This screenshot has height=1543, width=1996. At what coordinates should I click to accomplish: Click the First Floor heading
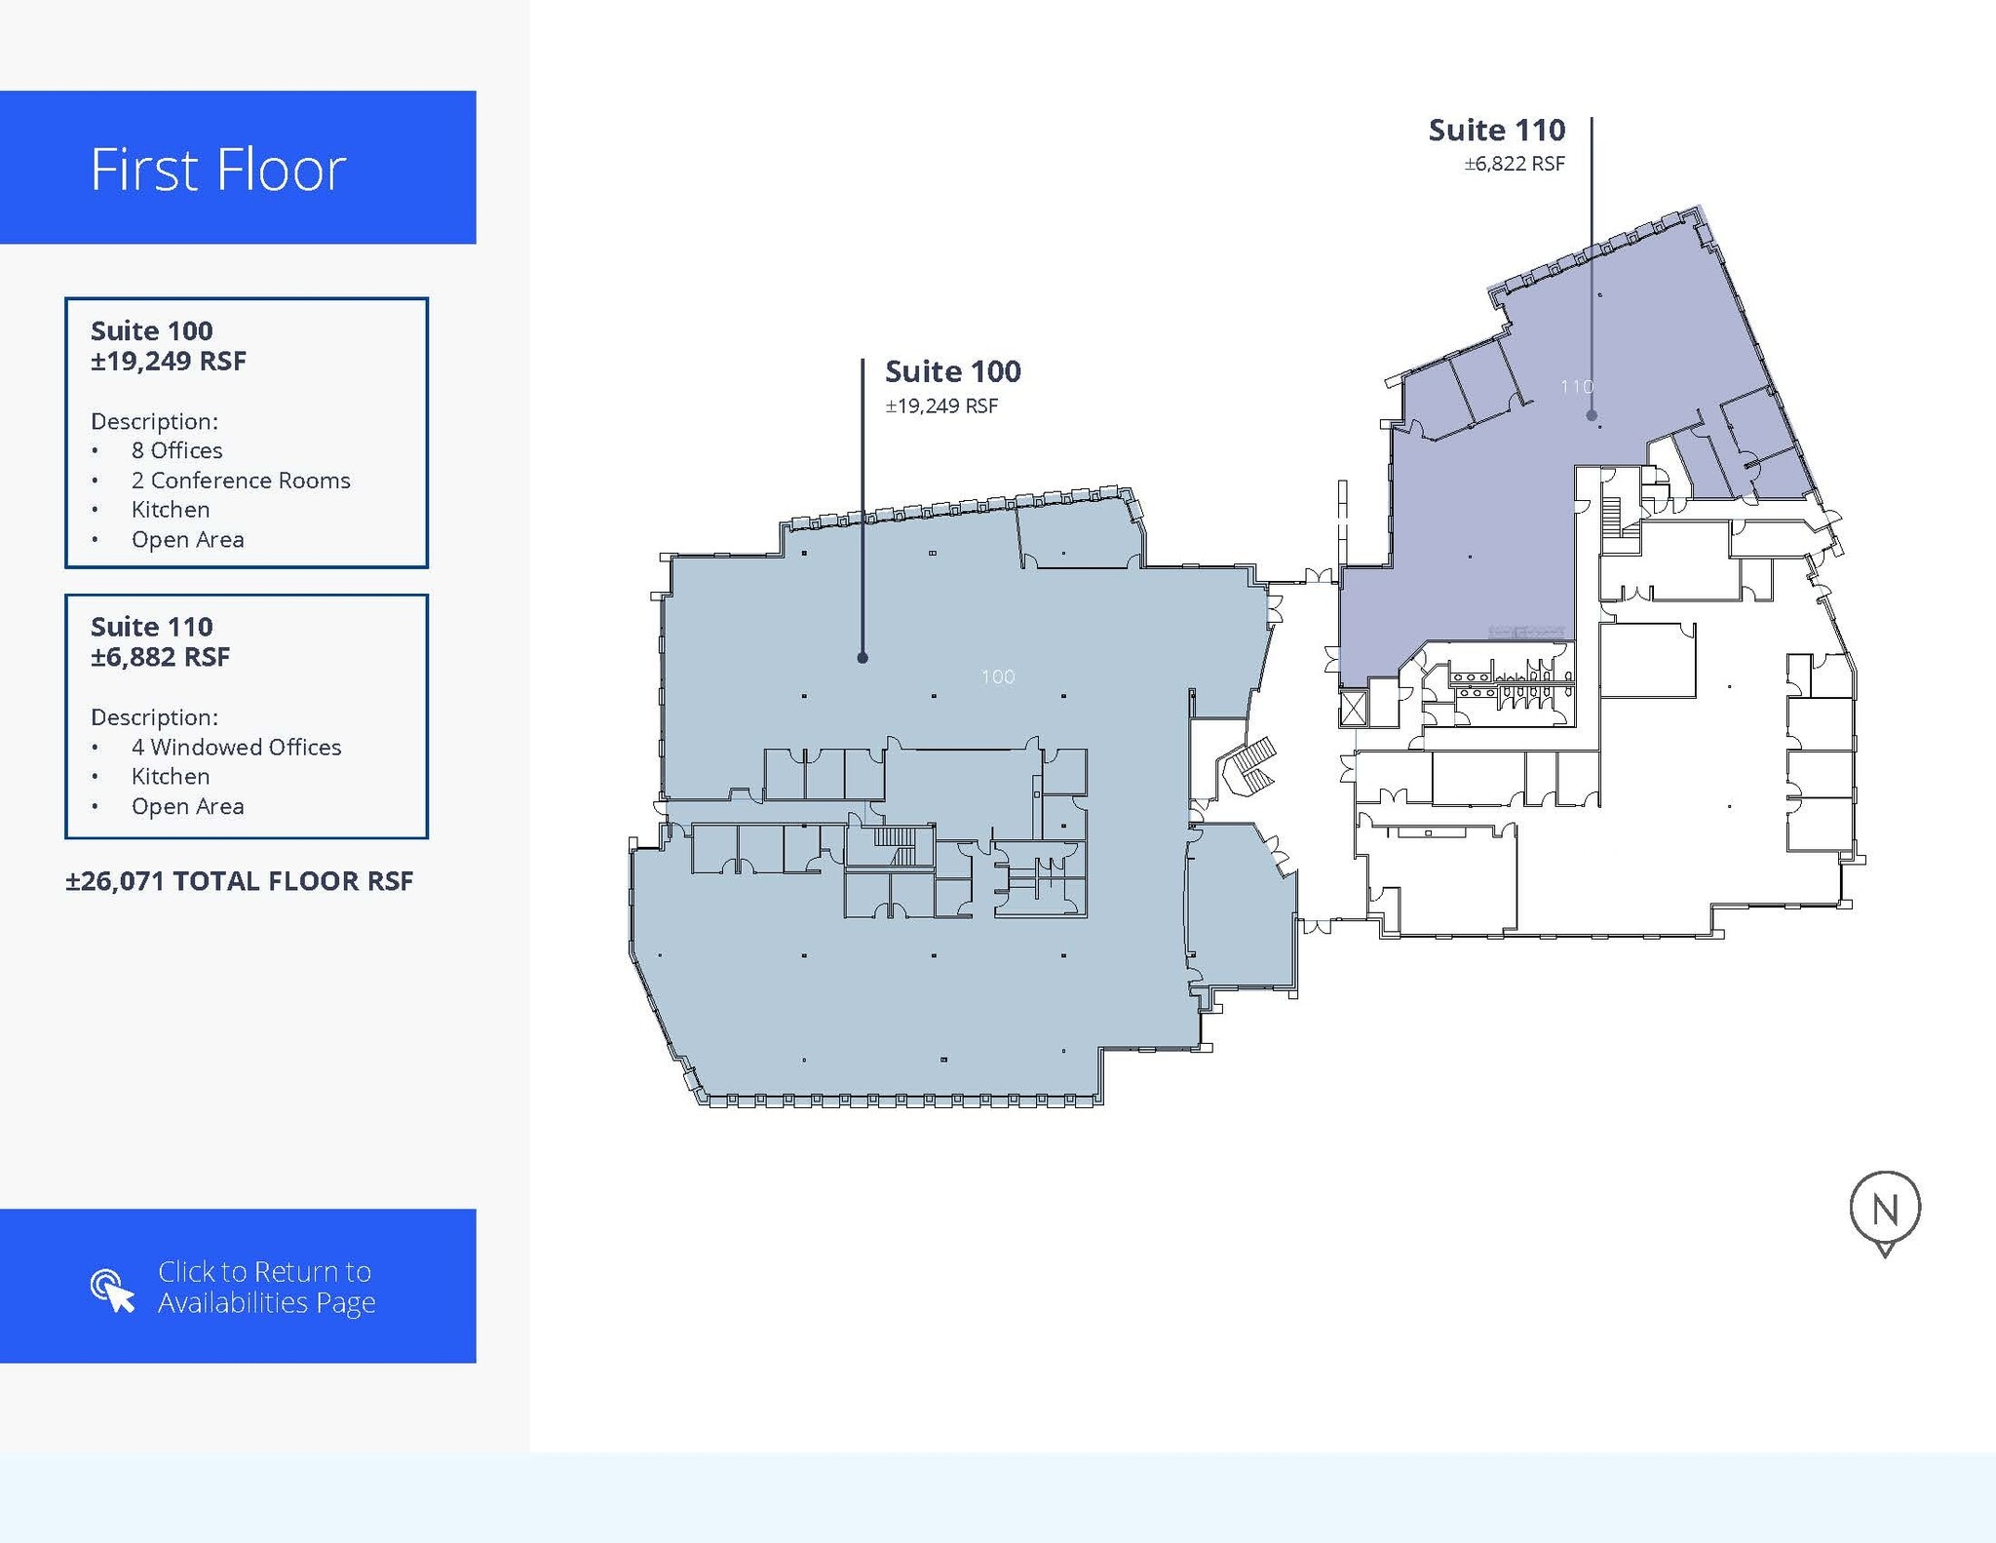click(x=218, y=170)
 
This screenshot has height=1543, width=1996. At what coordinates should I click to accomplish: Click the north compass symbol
click(x=1885, y=1213)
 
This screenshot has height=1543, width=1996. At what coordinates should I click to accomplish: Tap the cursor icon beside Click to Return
click(x=112, y=1291)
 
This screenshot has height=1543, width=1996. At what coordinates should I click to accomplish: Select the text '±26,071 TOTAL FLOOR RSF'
click(x=240, y=881)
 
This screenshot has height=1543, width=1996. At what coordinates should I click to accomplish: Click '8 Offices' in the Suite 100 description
click(x=176, y=450)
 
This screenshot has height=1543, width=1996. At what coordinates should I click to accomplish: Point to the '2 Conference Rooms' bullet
click(x=241, y=481)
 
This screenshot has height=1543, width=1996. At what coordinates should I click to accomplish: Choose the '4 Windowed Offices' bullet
click(x=236, y=747)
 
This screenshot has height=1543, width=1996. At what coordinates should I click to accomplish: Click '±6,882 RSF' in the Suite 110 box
click(x=161, y=657)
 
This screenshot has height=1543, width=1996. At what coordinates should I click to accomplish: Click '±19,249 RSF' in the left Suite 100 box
click(x=169, y=362)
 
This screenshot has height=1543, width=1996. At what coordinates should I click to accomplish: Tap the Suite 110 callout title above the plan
click(x=1497, y=130)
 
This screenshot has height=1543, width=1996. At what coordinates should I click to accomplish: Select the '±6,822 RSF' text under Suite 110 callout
click(x=1515, y=164)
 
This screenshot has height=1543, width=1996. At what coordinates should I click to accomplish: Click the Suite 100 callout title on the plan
click(x=953, y=371)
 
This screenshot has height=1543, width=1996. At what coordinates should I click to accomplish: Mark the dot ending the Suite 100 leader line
click(x=863, y=658)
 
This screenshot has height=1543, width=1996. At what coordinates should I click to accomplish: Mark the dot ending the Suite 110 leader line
click(x=1592, y=415)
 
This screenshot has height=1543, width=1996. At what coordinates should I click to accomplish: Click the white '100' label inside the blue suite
click(x=998, y=676)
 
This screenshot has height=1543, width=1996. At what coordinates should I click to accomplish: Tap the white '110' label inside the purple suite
click(x=1577, y=387)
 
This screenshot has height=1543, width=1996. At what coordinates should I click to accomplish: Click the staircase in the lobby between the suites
click(x=1251, y=766)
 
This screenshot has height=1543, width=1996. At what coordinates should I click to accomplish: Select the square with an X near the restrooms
click(x=1355, y=709)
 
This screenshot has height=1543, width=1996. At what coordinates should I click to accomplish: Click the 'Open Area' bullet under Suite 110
click(x=187, y=807)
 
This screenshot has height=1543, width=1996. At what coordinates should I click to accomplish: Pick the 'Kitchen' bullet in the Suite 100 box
click(x=171, y=510)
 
